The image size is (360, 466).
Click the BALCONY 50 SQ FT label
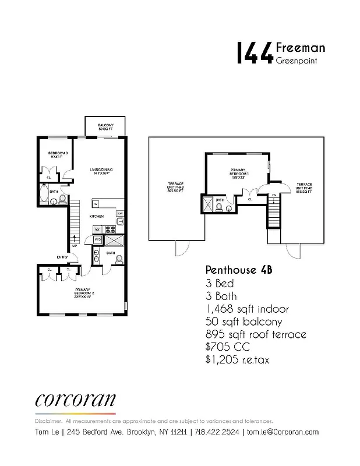point(105,126)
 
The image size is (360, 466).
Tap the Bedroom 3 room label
point(58,155)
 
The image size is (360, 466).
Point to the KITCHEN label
point(96,216)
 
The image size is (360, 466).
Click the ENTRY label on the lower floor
point(62,257)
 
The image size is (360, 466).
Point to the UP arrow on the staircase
point(74,241)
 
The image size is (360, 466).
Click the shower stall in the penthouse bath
point(207,204)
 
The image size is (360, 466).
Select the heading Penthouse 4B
point(239,270)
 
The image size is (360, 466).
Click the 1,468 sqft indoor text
point(247,309)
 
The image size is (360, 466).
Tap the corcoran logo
point(75,400)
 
